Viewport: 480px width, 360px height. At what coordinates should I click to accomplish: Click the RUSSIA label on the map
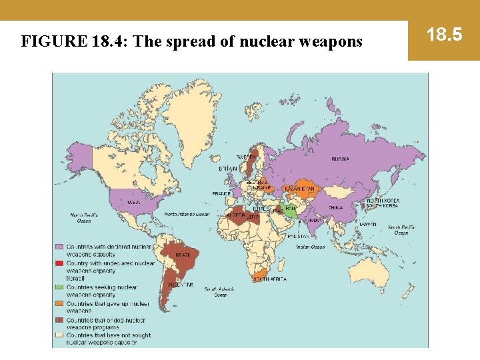point(340,159)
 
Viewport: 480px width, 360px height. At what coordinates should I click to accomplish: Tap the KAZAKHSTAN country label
point(299,189)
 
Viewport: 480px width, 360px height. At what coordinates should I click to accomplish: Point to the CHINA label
point(335,207)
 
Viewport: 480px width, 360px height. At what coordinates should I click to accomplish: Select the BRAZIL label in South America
point(183,255)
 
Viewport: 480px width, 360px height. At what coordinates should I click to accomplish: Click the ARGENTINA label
point(181,285)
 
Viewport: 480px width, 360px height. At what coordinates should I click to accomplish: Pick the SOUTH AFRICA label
point(269,279)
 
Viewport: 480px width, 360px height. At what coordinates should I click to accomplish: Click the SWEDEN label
point(246,157)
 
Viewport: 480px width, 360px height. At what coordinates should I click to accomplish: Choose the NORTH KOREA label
point(383,201)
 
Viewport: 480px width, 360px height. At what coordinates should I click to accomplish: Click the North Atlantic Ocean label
point(187,215)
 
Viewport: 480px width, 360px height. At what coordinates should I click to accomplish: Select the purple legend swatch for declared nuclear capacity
point(59,247)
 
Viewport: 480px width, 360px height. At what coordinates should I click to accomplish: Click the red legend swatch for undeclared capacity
point(59,263)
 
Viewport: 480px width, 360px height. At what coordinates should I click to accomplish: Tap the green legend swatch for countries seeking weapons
point(59,287)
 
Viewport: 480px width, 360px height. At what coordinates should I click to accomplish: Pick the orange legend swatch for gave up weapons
point(59,303)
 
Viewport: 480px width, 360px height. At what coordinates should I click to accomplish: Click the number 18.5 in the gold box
point(444,35)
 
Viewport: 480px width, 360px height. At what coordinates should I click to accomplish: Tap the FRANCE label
point(221,193)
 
